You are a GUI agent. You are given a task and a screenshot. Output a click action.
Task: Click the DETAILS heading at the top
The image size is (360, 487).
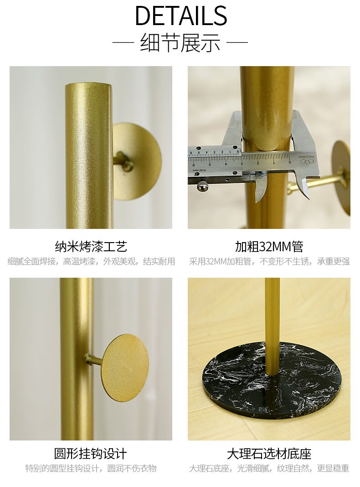pos(181,15)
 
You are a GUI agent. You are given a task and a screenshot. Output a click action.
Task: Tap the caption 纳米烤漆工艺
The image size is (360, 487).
pos(91,247)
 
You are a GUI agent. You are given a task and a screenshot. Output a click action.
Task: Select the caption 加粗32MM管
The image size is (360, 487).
pos(269,247)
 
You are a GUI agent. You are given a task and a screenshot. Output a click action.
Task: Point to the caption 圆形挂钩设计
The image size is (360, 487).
pos(91,453)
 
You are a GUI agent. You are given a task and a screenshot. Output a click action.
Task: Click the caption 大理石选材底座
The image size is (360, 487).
pos(269,453)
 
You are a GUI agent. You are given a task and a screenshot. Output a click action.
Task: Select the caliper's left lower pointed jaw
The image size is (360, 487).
pos(260,189)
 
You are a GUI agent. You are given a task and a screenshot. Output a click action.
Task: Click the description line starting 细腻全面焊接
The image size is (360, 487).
pos(91,261)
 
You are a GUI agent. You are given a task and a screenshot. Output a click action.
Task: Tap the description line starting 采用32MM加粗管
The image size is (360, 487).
pos(269,261)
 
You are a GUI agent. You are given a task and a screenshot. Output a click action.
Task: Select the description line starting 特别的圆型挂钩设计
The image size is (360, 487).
pos(91,468)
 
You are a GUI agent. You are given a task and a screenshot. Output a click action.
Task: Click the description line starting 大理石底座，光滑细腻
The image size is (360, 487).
pos(269,468)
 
